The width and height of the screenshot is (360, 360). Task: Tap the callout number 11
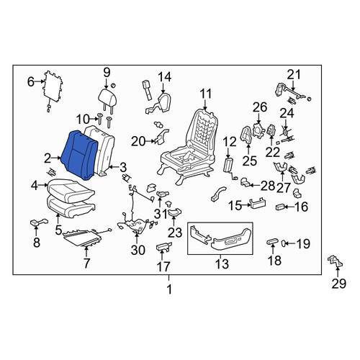(x=205, y=94)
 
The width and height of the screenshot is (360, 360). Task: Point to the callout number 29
(x=338, y=284)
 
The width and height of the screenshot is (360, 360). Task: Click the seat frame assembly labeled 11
(x=188, y=146)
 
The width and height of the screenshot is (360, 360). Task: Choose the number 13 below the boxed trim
(x=222, y=264)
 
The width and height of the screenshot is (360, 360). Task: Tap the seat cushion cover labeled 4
(x=71, y=190)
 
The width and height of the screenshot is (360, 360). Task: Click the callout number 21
(x=294, y=75)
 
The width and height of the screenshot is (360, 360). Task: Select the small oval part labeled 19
(x=283, y=243)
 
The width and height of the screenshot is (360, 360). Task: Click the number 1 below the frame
(x=169, y=289)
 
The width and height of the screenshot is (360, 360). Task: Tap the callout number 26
(x=260, y=107)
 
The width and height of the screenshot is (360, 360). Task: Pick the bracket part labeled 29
(x=336, y=261)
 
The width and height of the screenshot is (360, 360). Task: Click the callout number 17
(x=163, y=266)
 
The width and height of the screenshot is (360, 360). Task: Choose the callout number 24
(x=287, y=113)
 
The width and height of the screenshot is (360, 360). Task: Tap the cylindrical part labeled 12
(x=228, y=165)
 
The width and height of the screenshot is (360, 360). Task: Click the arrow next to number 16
(x=289, y=207)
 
